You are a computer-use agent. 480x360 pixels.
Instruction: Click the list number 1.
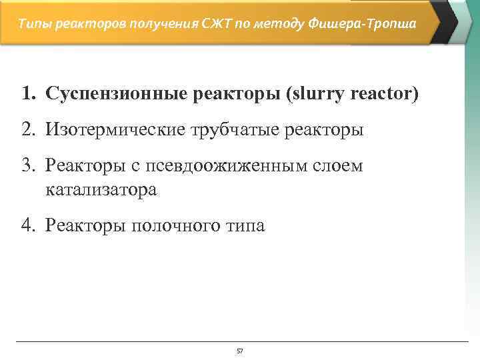pyautogui.click(x=26, y=94)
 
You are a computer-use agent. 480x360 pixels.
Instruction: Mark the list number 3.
pyautogui.click(x=27, y=165)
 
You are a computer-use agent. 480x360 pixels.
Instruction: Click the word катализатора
pyautogui.click(x=101, y=189)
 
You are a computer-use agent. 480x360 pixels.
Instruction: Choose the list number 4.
pyautogui.click(x=27, y=225)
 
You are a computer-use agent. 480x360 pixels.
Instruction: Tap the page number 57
pyautogui.click(x=240, y=351)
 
